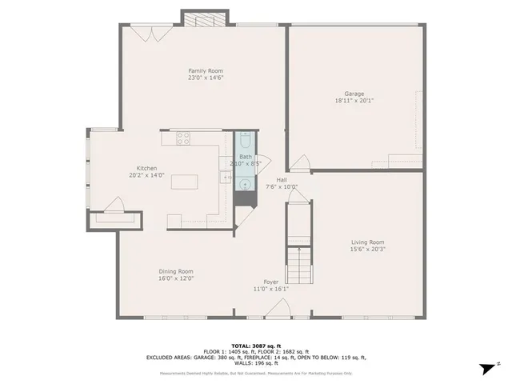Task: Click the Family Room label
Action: (x=205, y=70)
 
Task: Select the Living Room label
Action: (x=367, y=242)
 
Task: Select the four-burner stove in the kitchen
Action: (x=183, y=137)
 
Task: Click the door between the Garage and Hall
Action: (x=299, y=164)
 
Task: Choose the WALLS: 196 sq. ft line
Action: (x=255, y=364)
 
